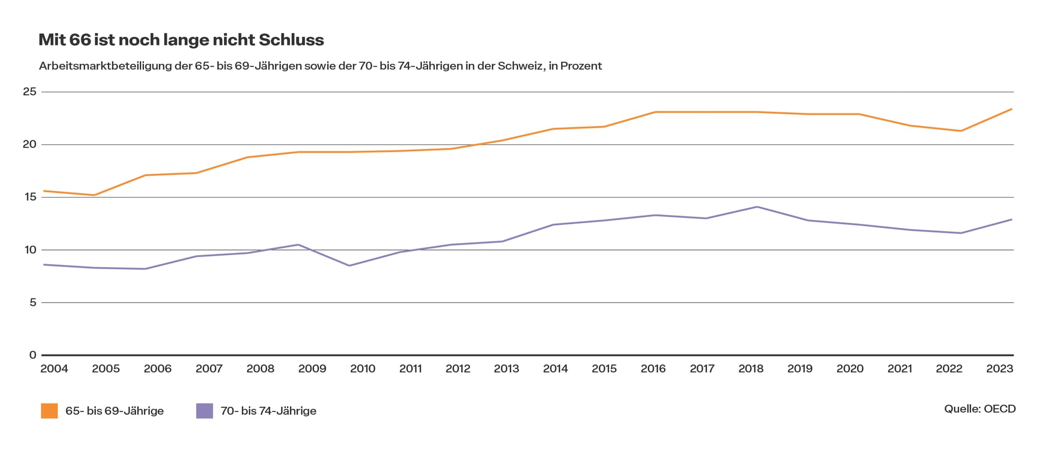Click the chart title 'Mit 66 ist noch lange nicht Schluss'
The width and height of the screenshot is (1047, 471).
181,40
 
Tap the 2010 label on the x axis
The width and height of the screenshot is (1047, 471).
363,369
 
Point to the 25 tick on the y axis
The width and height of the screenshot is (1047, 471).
30,92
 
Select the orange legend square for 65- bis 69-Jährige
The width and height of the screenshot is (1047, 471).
49,411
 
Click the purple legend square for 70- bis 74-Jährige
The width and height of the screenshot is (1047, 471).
205,411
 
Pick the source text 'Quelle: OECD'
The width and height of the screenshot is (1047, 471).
980,409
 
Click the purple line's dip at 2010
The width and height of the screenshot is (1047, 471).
349,266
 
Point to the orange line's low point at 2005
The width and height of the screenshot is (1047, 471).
94,195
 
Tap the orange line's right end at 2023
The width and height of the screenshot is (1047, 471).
1011,109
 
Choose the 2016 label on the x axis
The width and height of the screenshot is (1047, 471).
653,369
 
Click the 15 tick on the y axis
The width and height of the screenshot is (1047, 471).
30,197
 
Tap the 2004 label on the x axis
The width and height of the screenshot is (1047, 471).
54,369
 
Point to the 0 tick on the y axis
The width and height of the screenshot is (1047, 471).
33,355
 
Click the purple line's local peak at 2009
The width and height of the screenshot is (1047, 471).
298,245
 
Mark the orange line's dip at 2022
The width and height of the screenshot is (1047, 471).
961,131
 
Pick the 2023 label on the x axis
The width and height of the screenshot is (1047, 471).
1000,369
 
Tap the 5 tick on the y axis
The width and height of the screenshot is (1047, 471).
33,302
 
